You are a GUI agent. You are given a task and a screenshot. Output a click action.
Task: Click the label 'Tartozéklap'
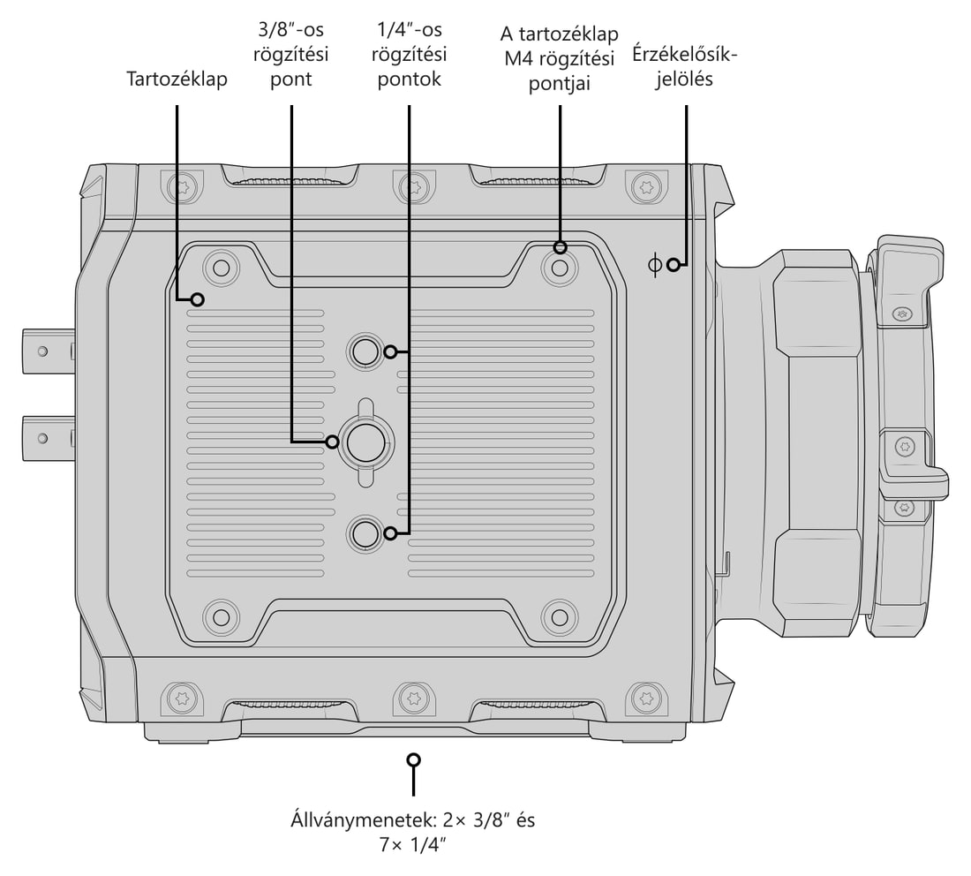177,79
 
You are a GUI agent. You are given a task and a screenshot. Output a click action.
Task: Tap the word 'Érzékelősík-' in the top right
685,55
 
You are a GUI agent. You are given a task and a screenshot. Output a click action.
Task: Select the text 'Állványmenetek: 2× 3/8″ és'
412,819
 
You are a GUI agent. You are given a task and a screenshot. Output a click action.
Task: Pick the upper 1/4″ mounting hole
365,351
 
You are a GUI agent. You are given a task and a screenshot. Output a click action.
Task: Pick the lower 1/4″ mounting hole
365,533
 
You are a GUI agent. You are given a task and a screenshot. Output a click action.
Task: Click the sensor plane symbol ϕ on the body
654,265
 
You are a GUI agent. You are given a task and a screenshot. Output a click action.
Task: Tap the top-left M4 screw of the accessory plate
221,268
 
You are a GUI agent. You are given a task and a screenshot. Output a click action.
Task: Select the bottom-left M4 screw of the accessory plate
221,617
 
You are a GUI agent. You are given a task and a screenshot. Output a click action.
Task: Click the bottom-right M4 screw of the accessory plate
560,617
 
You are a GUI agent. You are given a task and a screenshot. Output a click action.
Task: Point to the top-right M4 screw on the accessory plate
560,268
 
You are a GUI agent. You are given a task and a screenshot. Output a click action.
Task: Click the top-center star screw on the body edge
414,185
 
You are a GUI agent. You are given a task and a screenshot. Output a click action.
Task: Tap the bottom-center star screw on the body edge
414,699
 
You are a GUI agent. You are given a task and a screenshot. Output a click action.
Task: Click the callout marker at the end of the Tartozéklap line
198,300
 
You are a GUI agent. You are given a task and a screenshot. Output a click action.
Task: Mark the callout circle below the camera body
414,759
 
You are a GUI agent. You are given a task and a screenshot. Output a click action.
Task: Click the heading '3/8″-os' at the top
290,30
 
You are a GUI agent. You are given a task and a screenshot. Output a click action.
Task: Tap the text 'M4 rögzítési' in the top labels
559,59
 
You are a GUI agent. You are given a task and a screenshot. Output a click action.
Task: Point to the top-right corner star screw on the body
647,185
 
